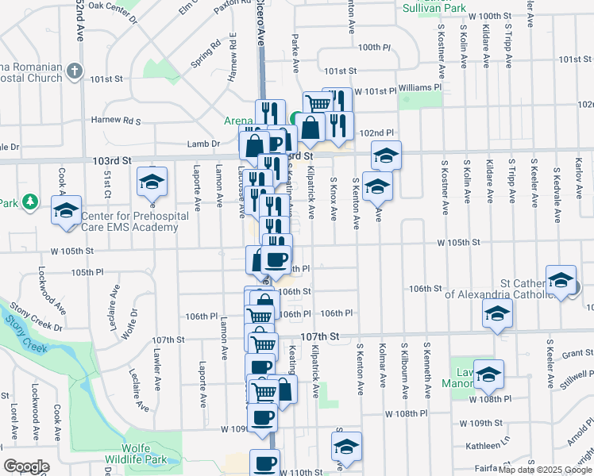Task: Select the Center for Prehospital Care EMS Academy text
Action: [128, 221]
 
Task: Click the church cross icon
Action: [75, 71]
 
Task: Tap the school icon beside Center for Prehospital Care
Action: [67, 210]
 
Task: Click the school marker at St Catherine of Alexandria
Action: [561, 280]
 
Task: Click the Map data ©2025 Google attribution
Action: [545, 469]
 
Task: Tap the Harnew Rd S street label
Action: [115, 121]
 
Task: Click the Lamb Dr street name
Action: [204, 144]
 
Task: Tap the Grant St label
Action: [577, 354]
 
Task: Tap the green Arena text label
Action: [237, 121]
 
